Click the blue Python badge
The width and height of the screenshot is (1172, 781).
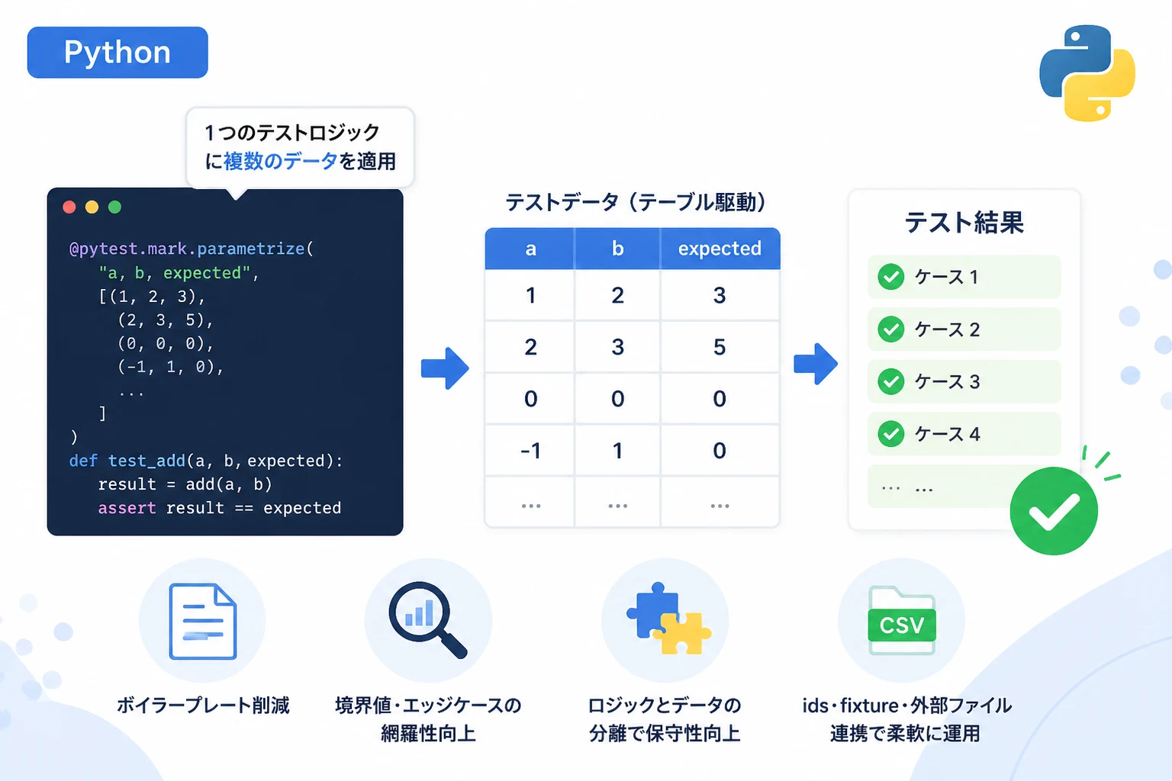[118, 53]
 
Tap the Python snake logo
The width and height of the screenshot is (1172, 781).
[1087, 73]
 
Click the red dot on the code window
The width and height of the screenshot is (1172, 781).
[69, 207]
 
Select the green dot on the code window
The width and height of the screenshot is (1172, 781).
[114, 207]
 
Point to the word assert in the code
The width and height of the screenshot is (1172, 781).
[127, 508]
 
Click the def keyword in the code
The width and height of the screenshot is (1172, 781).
[83, 461]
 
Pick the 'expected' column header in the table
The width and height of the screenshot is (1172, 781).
[720, 249]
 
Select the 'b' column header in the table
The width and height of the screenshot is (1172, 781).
[618, 249]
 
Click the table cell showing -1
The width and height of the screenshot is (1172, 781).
[530, 451]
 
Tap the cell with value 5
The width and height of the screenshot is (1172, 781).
[720, 347]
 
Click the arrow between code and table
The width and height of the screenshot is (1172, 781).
[445, 368]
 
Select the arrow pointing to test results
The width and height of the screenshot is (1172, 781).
[815, 364]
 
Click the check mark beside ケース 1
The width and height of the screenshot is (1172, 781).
[891, 277]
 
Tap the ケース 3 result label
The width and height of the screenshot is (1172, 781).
[947, 382]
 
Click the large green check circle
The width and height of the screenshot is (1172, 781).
[1054, 510]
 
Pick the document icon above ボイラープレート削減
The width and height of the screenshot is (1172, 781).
[203, 621]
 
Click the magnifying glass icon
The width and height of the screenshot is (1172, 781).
[427, 620]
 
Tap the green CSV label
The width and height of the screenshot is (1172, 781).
[901, 625]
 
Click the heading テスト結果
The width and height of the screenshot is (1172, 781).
[964, 222]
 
